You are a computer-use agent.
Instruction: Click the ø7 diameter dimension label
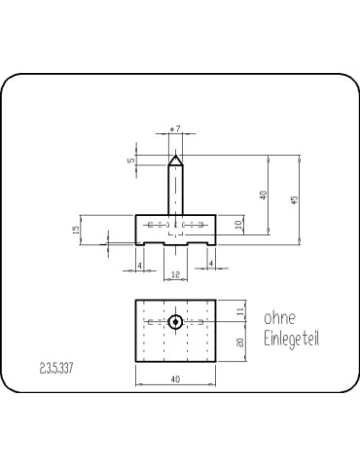pos(175,129)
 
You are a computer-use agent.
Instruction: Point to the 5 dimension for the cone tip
pos(131,160)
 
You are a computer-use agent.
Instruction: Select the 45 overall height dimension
pos(295,199)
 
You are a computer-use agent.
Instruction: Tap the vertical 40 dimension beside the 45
pos(264,195)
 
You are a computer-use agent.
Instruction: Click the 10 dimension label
pos(238,224)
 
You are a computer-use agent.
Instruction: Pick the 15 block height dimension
pos(76,230)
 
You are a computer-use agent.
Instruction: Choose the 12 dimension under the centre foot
pos(175,274)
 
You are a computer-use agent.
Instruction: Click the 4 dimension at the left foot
pos(140,266)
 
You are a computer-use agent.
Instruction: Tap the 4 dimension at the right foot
pos(211,264)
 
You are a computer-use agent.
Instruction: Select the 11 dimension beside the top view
pos(240,311)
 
